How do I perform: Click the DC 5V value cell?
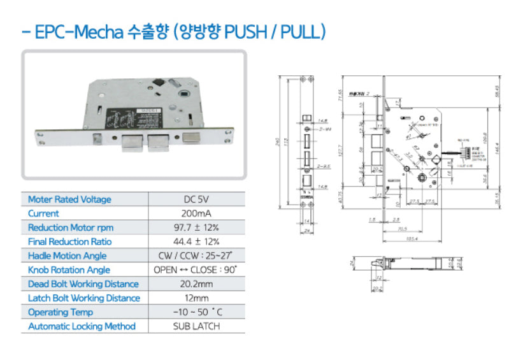coord(196,199)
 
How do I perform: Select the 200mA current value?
coord(196,213)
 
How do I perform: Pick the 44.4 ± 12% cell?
coord(196,241)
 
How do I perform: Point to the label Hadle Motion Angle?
coord(67,256)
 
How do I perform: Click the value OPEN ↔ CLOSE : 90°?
coord(196,270)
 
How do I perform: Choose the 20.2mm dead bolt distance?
coord(196,284)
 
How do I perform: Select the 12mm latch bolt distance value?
coord(196,298)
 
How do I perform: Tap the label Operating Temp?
coord(61,312)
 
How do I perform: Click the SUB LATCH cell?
coord(196,326)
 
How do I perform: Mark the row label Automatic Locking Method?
coord(82,326)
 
